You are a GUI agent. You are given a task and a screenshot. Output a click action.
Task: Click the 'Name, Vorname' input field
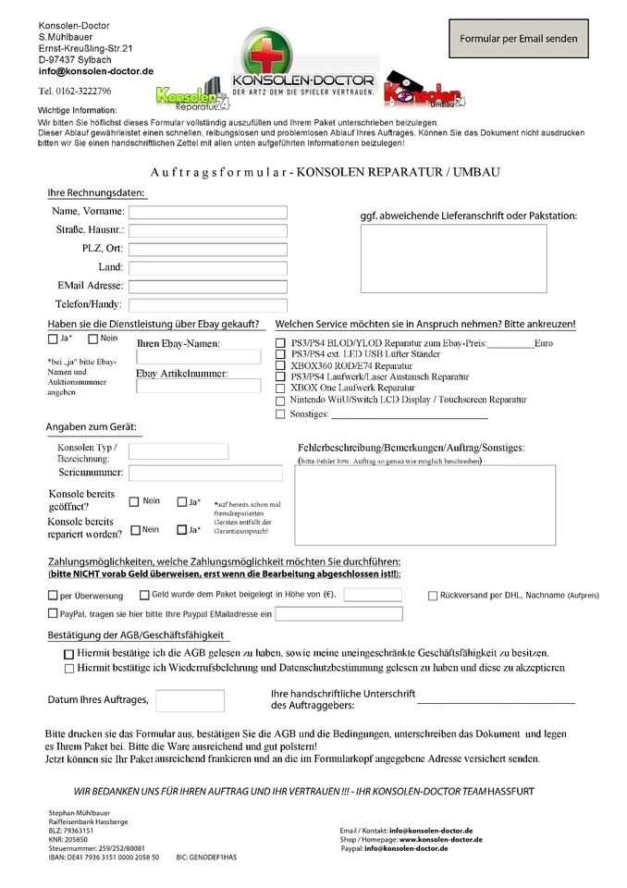pyautogui.click(x=208, y=212)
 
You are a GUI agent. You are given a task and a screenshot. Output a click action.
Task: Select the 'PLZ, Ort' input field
pyautogui.click(x=208, y=249)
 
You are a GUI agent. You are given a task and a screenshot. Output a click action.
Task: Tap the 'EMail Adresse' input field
pyautogui.click(x=208, y=286)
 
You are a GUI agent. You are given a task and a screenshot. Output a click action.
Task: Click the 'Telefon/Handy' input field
pyautogui.click(x=208, y=304)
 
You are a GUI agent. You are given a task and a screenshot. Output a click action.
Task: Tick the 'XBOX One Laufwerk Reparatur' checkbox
pyautogui.click(x=281, y=388)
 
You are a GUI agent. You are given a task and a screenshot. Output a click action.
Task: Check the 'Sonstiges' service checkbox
pyautogui.click(x=281, y=414)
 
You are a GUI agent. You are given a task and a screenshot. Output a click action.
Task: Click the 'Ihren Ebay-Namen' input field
pyautogui.click(x=198, y=357)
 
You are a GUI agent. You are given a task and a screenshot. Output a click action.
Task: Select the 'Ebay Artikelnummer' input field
pyautogui.click(x=198, y=386)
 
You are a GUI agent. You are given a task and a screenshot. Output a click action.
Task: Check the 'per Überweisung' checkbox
pyautogui.click(x=52, y=596)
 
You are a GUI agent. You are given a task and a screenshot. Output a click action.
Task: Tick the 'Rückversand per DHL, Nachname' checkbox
pyautogui.click(x=433, y=596)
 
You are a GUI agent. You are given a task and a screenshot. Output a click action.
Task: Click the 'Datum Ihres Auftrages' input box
pyautogui.click(x=190, y=700)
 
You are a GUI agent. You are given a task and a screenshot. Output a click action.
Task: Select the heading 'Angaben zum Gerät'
pyautogui.click(x=92, y=428)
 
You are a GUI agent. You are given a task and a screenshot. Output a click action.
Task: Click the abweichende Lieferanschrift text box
pyautogui.click(x=453, y=258)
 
